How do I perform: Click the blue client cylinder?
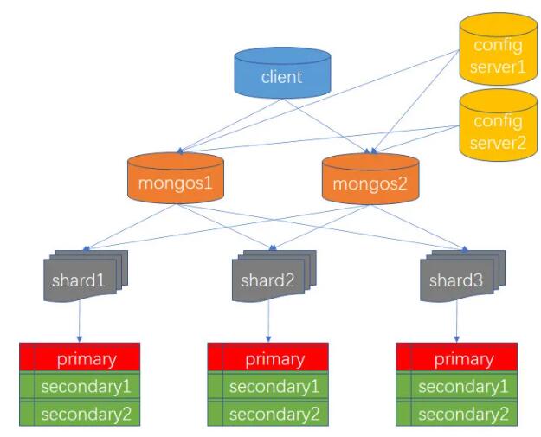click(x=282, y=73)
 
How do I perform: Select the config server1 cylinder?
click(x=499, y=49)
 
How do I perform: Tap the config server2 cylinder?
click(x=499, y=125)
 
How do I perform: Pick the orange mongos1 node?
click(x=176, y=178)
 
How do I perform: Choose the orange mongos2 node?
click(x=370, y=178)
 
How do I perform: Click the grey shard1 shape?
click(x=86, y=276)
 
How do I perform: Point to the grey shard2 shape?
click(x=274, y=276)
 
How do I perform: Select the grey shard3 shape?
click(x=462, y=276)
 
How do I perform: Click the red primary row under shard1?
click(x=80, y=357)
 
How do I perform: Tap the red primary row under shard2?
click(x=268, y=357)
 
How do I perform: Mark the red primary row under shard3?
click(x=456, y=357)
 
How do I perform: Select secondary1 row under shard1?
click(x=80, y=386)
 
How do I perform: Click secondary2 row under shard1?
click(x=80, y=413)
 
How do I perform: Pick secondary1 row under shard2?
click(x=268, y=386)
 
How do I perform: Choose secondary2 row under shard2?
click(x=268, y=413)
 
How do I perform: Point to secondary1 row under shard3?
click(x=456, y=386)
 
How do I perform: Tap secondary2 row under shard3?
click(x=456, y=413)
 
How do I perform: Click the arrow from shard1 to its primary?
click(x=80, y=321)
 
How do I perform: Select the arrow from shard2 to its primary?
click(x=268, y=321)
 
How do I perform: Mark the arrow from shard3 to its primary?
click(x=457, y=321)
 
